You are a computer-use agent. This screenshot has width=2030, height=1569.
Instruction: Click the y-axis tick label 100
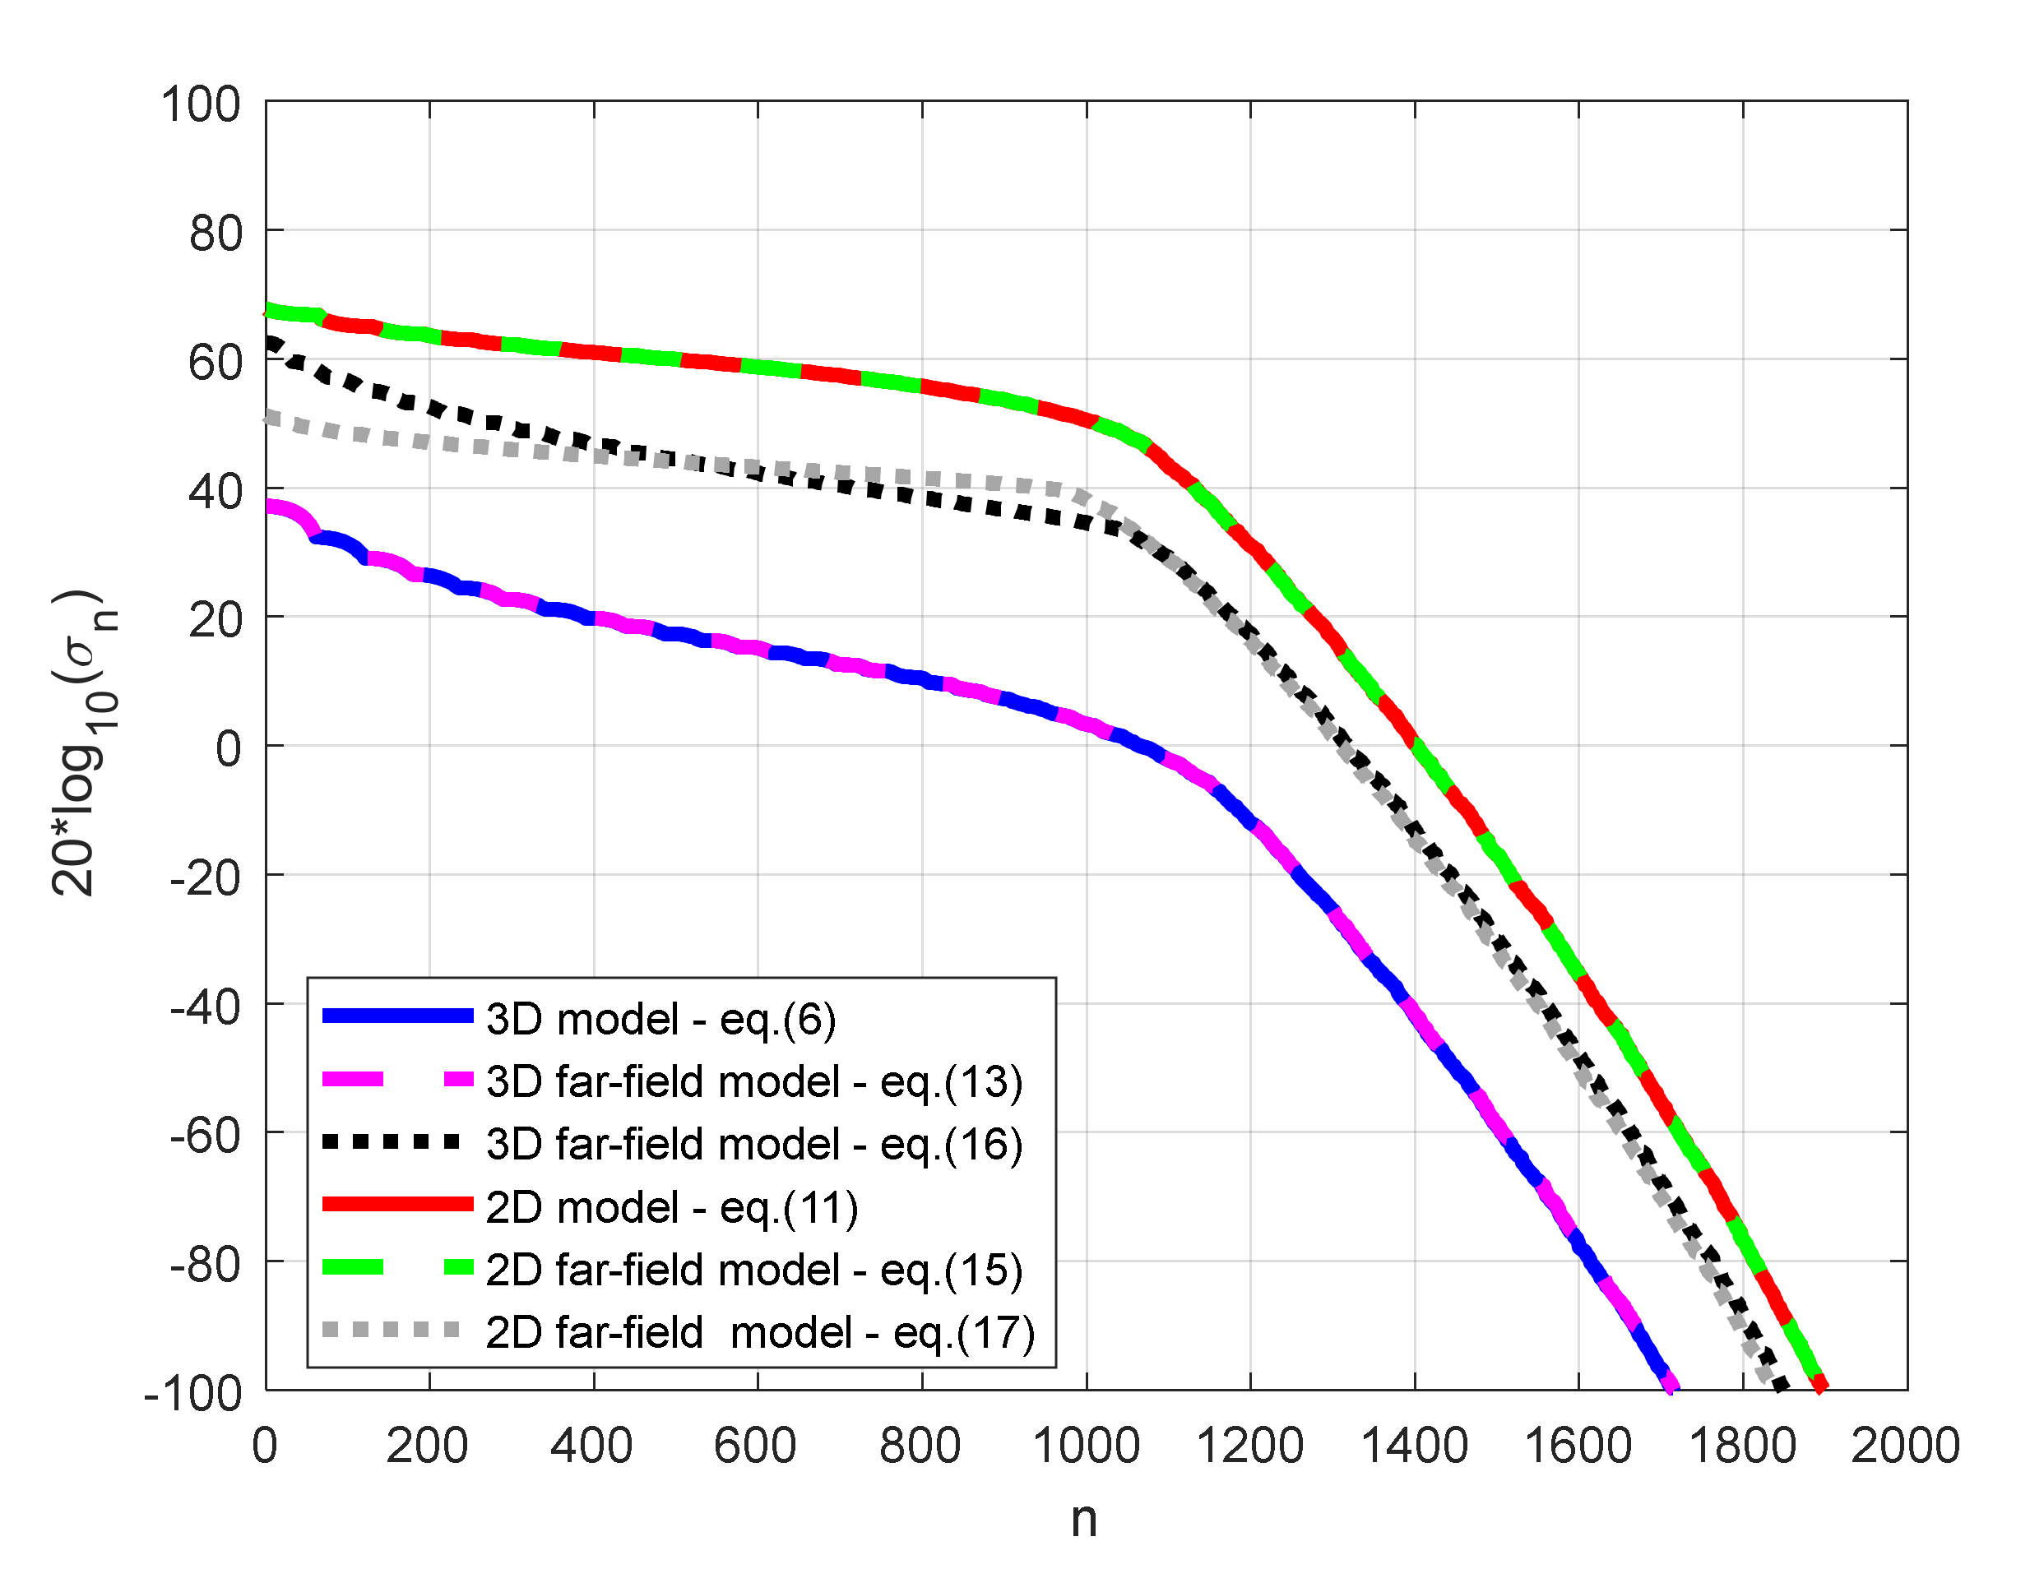[200, 104]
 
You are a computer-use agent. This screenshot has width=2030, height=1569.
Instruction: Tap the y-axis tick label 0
[228, 748]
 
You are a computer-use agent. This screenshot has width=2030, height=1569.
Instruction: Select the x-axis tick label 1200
[1249, 1446]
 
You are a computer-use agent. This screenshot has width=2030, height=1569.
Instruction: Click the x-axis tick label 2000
[1906, 1446]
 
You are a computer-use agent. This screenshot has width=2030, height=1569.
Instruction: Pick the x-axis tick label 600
[755, 1446]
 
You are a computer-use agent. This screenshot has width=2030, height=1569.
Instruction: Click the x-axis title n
[1084, 1520]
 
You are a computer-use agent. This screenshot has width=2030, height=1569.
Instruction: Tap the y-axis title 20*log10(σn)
[84, 743]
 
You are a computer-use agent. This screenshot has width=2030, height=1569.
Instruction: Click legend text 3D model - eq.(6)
[660, 1020]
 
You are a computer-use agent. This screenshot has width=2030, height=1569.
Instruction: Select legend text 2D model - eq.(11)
[671, 1207]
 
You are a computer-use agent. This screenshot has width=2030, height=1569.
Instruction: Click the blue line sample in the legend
[398, 1016]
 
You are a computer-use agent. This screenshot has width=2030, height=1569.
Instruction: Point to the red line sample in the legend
[398, 1205]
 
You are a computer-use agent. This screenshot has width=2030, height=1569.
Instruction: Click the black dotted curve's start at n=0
[270, 342]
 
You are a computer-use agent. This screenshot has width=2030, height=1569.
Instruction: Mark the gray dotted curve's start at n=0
[270, 418]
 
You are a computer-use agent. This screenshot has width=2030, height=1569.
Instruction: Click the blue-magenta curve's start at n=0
[270, 507]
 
